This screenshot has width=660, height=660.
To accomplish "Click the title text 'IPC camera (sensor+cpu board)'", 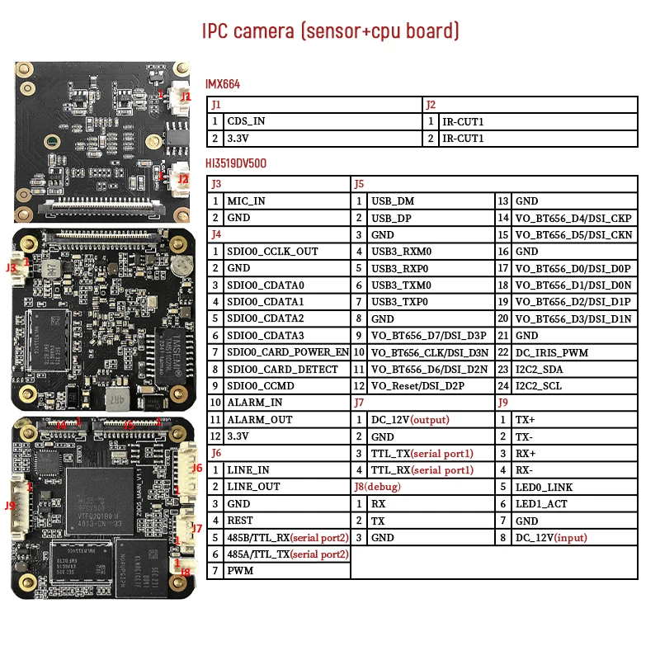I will (x=330, y=31).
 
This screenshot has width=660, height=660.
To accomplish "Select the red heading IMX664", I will (x=223, y=84).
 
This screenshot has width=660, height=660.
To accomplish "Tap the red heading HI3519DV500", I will (x=236, y=163).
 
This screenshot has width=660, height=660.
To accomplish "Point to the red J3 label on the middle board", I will (x=11, y=267).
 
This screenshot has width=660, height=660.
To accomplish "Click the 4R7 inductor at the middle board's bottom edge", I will (x=115, y=398).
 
